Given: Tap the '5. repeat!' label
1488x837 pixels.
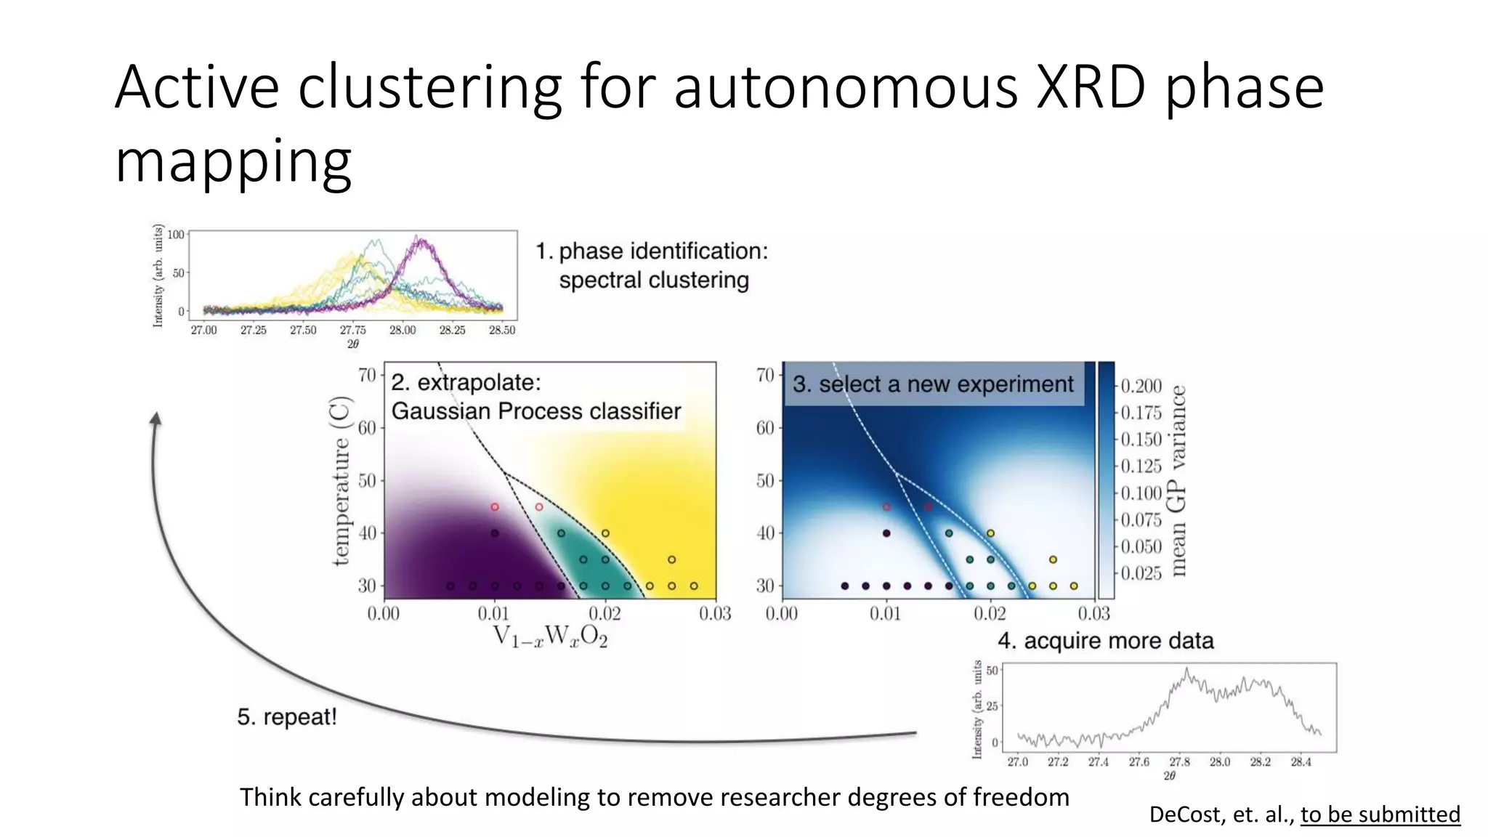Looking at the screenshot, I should coord(287,717).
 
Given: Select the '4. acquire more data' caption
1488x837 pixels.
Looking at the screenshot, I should coord(1105,641).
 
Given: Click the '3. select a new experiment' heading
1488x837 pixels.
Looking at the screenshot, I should coord(933,384).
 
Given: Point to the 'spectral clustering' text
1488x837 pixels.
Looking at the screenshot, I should coord(653,280).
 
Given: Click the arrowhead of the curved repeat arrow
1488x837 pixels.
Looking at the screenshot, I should coord(155,419).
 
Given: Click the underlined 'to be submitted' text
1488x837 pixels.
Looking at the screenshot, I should coord(1380,814).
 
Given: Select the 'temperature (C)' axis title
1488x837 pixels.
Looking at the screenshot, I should coord(341,480).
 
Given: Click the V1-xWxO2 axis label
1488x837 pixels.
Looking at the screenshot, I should coord(550,636).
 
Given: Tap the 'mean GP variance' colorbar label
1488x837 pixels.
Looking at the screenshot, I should coord(1178,480).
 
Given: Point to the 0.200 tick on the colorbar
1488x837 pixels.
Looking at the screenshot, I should coord(1141,386).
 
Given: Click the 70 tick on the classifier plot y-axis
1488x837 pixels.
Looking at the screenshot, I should coord(367,375).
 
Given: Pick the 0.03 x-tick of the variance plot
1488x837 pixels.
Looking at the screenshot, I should coord(1093,614).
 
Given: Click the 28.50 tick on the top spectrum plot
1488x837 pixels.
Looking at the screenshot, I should coord(502,331).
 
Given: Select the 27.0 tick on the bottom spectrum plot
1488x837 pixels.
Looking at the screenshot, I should coord(1017,762).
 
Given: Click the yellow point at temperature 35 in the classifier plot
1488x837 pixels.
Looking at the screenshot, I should coord(671,559).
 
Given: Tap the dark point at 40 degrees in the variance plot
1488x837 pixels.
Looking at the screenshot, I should coord(886,533).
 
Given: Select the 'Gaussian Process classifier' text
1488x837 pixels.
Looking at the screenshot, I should coord(536,411).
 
